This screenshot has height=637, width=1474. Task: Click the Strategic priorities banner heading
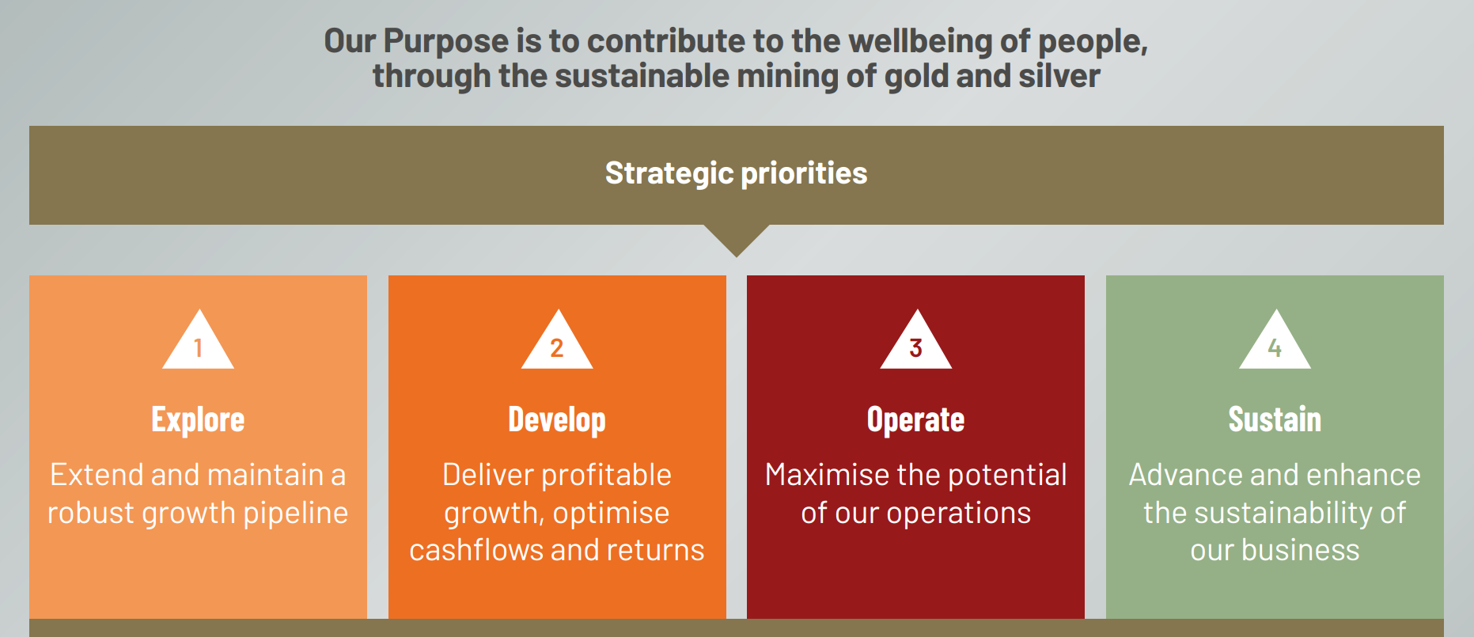tap(736, 173)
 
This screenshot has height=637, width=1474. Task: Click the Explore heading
tap(198, 419)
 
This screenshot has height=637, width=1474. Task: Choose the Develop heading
tap(557, 419)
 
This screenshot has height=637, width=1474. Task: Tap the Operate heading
tap(915, 419)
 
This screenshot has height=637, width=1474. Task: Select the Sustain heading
tap(1275, 419)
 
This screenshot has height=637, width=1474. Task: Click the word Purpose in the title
tap(445, 42)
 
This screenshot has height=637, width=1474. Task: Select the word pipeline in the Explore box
tap(296, 514)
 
